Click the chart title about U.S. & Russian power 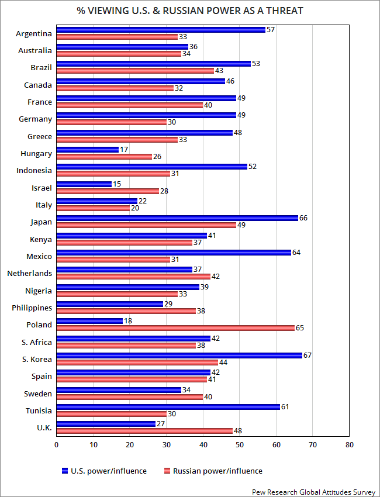pyautogui.click(x=190, y=11)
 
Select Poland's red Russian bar pyautogui.click(x=175, y=328)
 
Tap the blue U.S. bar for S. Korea pyautogui.click(x=179, y=356)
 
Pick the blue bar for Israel pyautogui.click(x=84, y=184)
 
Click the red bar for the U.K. pyautogui.click(x=144, y=431)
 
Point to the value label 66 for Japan pyautogui.click(x=303, y=218)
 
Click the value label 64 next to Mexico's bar pyautogui.click(x=296, y=253)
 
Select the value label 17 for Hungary pyautogui.click(x=123, y=150)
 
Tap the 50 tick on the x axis pyautogui.click(x=240, y=445)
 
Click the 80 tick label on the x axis pyautogui.click(x=349, y=445)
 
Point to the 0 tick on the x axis pyautogui.click(x=57, y=445)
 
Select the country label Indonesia pyautogui.click(x=34, y=171)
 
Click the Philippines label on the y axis pyautogui.click(x=32, y=308)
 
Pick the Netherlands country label pyautogui.click(x=29, y=273)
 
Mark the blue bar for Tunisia pyautogui.click(x=168, y=407)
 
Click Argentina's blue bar pyautogui.click(x=161, y=30)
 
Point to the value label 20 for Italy pyautogui.click(x=134, y=208)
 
